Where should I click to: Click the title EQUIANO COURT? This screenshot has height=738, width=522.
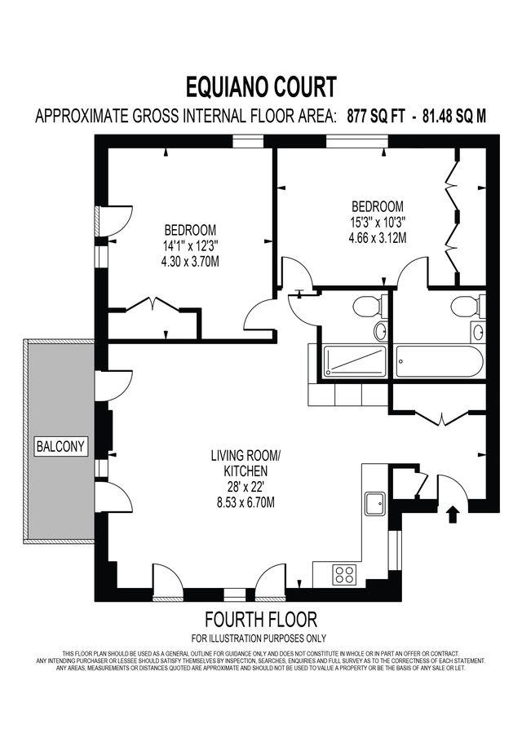click(x=261, y=86)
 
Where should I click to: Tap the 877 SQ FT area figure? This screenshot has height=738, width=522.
click(x=376, y=116)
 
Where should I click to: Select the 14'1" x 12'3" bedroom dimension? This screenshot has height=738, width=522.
click(x=190, y=245)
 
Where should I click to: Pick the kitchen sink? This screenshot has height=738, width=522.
click(x=376, y=502)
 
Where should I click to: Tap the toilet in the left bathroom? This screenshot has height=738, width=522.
click(x=367, y=307)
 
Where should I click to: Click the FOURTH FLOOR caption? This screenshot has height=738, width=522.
click(x=260, y=620)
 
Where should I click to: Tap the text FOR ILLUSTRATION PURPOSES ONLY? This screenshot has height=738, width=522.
click(x=260, y=638)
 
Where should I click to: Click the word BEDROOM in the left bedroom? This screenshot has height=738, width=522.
click(x=190, y=229)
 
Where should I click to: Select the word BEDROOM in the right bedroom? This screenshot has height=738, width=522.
click(x=377, y=205)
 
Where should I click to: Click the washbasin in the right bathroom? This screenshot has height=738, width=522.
click(x=476, y=332)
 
